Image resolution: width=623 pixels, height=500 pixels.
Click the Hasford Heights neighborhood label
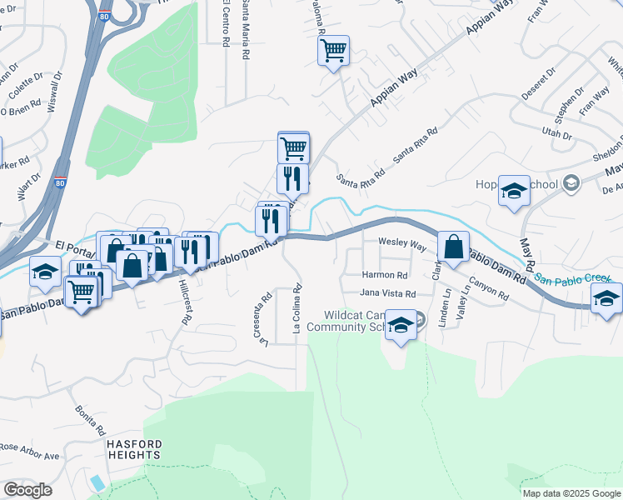coord(133,450)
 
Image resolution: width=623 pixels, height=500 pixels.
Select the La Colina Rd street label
coord(297,310)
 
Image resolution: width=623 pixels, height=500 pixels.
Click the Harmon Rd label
coord(385,275)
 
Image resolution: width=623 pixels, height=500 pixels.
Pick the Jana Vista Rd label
coord(387,293)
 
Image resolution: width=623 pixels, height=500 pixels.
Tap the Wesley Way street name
coord(402,247)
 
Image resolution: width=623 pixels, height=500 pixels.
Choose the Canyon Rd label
coord(488,288)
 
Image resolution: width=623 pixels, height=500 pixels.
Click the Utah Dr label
coord(557,133)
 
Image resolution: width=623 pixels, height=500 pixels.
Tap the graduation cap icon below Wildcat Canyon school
coord(401,326)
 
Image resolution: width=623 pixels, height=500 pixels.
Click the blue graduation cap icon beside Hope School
coord(514,190)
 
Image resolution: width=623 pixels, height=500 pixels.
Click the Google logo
coord(27,490)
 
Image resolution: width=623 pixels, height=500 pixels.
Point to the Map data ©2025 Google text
coord(571,493)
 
